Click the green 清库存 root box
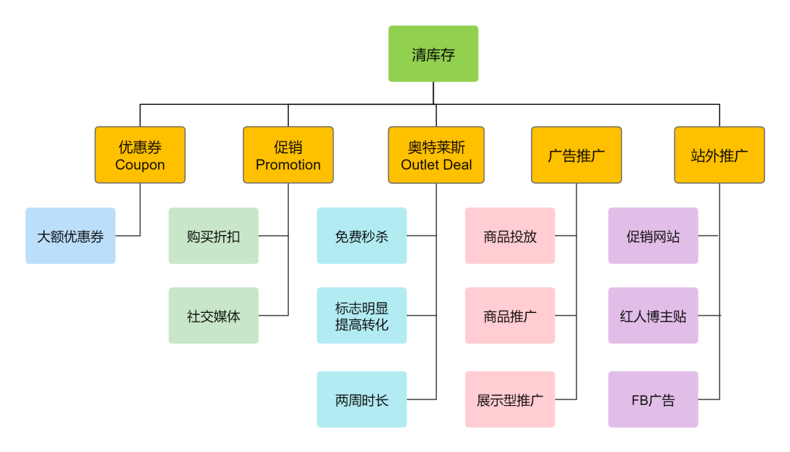(433, 54)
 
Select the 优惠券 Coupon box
(140, 155)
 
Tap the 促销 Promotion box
(288, 155)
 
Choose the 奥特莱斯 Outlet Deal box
(436, 155)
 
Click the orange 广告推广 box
(576, 155)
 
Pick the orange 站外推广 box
(719, 155)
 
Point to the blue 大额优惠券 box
(70, 236)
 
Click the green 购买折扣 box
(214, 236)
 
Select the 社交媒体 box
(214, 316)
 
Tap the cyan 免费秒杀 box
(361, 236)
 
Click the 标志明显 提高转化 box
(361, 316)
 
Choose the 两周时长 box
(361, 400)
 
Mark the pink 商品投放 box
(510, 236)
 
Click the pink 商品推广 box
(510, 316)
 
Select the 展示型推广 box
(510, 400)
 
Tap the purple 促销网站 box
(653, 236)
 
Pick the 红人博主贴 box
(653, 316)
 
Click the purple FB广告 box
(653, 400)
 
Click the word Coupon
(140, 165)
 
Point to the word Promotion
(288, 165)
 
